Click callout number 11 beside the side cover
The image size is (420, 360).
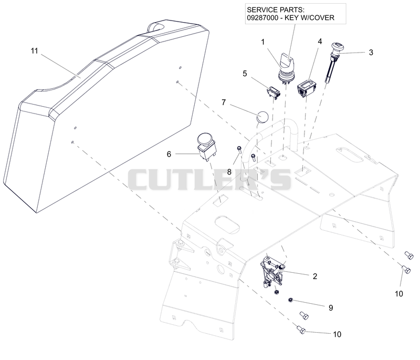(34, 50)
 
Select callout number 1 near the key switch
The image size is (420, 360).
(263, 42)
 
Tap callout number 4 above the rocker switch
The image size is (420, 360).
(320, 42)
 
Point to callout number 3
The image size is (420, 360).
(371, 52)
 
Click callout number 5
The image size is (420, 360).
(245, 74)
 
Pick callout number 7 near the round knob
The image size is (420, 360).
(224, 102)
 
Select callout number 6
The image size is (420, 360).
(169, 154)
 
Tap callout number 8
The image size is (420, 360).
(229, 172)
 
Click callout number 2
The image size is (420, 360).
(315, 276)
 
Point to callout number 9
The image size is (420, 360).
(331, 308)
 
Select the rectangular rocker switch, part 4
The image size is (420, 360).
(307, 89)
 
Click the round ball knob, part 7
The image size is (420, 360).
(262, 117)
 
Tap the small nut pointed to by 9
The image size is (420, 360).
(290, 300)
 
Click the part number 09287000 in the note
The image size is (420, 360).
(262, 18)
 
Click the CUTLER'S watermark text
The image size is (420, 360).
(209, 180)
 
